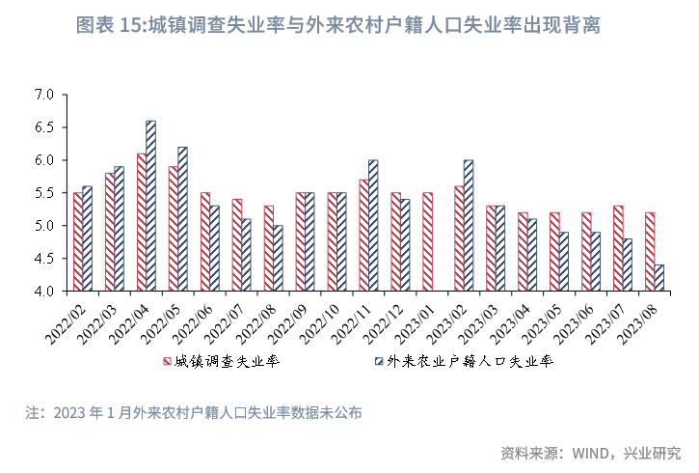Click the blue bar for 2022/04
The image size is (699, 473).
[x=150, y=206]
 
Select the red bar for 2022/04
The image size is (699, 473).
[x=141, y=222]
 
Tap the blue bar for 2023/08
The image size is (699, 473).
[x=659, y=278]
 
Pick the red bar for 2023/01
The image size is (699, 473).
[x=427, y=241]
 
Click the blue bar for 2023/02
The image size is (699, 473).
[x=469, y=225]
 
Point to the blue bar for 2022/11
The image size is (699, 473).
[x=373, y=225]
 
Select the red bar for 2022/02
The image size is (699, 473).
[x=77, y=241]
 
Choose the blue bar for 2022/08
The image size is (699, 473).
[x=278, y=258]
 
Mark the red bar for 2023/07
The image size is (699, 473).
[x=618, y=248]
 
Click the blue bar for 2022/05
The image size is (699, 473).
[x=182, y=219]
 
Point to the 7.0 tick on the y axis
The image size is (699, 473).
[x=42, y=95]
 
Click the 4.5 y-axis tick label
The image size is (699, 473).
[x=42, y=259]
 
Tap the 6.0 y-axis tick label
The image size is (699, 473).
[x=42, y=160]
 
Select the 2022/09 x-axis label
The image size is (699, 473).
[x=288, y=320]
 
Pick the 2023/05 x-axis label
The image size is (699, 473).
[x=543, y=320]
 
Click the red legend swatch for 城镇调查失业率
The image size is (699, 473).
[x=165, y=363]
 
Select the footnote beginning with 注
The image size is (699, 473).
[x=194, y=413]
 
